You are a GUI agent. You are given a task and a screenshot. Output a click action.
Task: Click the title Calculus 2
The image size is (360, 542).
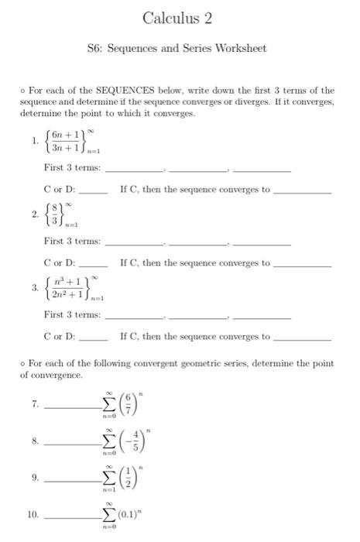coord(178,18)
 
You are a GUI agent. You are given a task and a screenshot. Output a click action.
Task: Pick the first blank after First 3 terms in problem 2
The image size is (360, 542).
coord(133,244)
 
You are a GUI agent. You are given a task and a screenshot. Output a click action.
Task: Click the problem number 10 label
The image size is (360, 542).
coord(33,514)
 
